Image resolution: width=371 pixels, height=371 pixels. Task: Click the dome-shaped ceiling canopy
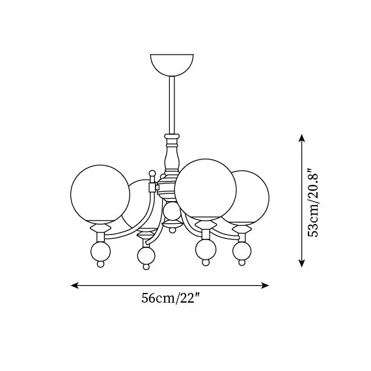(172, 64)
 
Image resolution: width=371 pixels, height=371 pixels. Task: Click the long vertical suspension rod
(172, 105)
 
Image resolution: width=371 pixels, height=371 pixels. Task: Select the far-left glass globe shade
(100, 195)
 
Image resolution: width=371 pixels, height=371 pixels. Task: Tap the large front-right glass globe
(206, 189)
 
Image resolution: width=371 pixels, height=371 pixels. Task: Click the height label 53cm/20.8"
(313, 202)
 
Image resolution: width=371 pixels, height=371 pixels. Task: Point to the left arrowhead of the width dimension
(75, 285)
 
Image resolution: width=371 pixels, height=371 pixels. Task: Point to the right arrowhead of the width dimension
(265, 285)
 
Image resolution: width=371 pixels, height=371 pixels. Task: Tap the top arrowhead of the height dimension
(301, 138)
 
